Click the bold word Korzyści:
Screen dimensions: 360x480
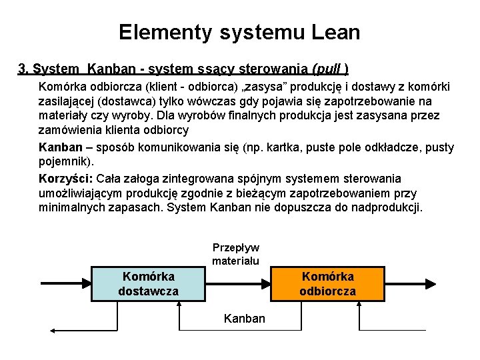pos(65,179)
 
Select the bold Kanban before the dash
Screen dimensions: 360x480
pos(61,147)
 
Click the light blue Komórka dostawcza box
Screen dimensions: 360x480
pos(148,283)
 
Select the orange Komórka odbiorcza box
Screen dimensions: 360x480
pos(328,283)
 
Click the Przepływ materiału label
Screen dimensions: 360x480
pos(235,254)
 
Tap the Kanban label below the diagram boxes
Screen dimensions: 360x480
pos(245,319)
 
